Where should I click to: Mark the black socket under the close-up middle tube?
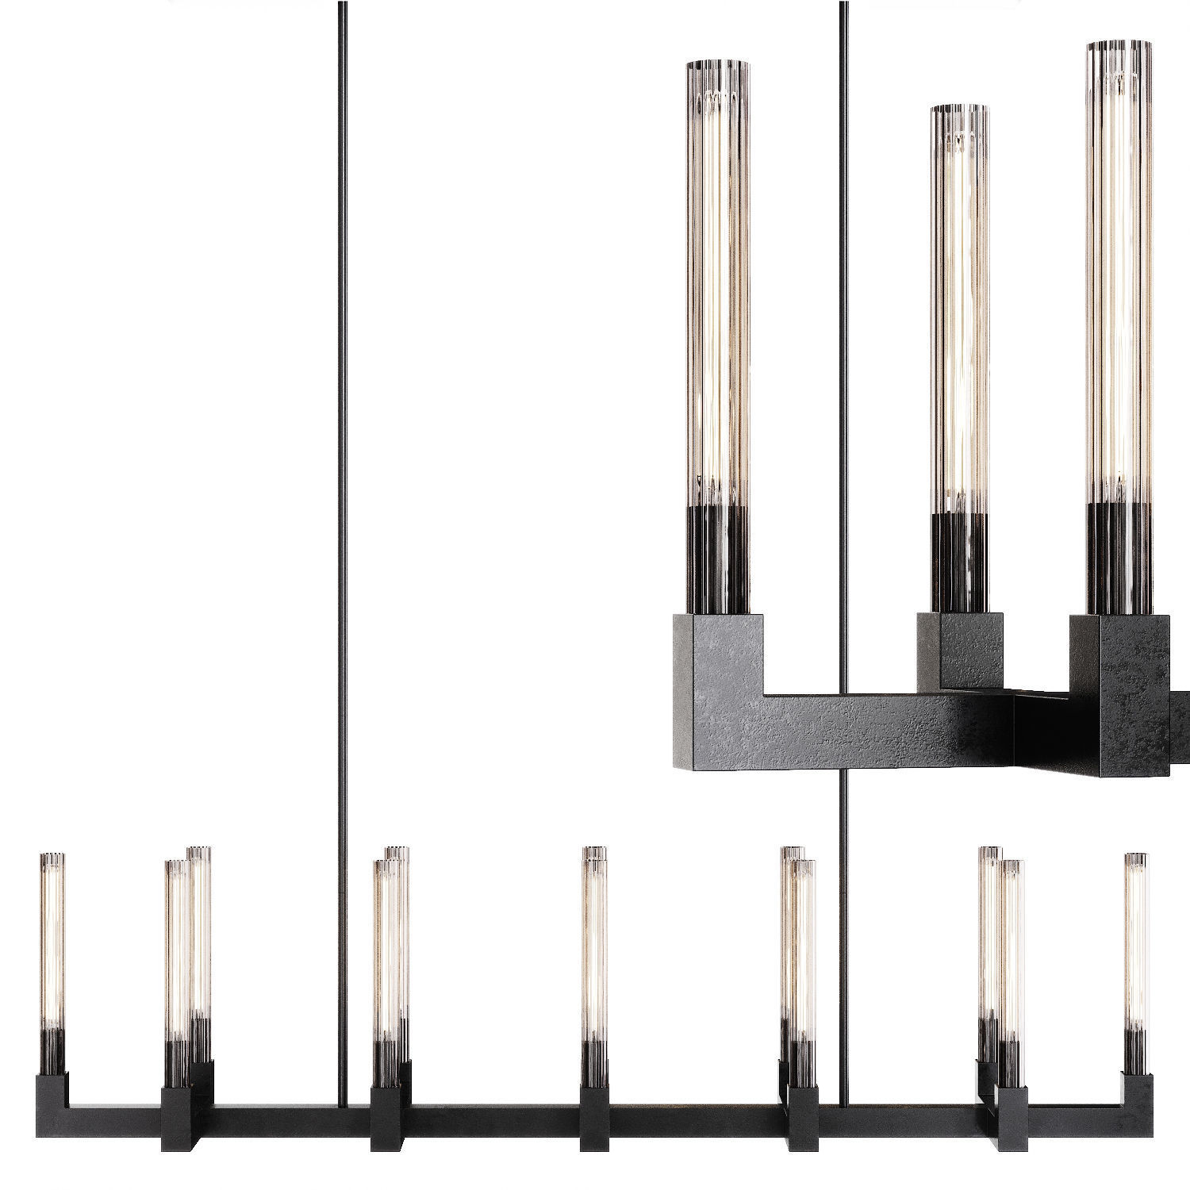click(959, 563)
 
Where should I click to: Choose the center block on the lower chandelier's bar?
click(593, 1119)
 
